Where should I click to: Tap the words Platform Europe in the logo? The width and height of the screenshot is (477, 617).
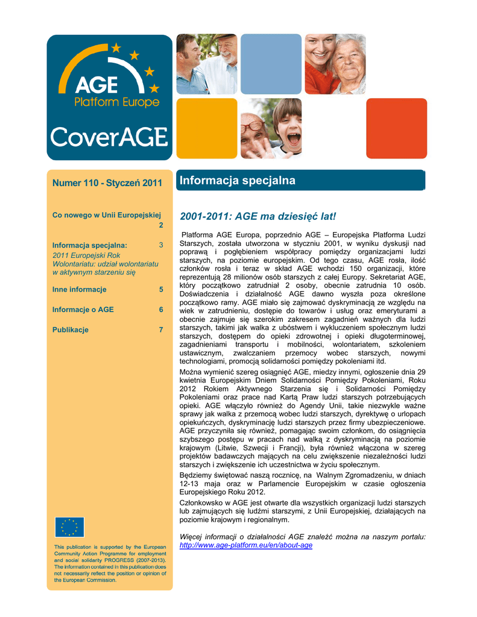pos(117,102)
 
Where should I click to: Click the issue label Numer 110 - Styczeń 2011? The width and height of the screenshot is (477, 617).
pos(107,183)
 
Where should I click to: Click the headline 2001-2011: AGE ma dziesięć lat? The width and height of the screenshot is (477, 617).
pos(257,216)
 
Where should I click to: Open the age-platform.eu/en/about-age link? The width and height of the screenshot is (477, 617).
pos(246,545)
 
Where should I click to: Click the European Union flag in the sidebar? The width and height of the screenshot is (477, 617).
pos(69,527)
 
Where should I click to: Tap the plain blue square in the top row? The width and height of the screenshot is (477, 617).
pos(271,64)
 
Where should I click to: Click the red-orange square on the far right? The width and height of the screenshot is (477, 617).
pos(396,128)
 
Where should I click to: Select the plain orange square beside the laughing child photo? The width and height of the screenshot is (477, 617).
pos(206,128)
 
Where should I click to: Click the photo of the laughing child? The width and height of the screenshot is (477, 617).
pos(271,128)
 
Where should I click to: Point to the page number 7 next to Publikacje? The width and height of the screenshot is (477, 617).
pos(161,330)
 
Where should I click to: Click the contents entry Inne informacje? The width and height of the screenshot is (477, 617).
pos(79,289)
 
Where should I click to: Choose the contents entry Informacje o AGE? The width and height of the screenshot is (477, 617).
pos(83,310)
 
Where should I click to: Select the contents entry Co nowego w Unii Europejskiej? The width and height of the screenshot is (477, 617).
pos(107,215)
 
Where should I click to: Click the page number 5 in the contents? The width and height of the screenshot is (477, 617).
pos(161,289)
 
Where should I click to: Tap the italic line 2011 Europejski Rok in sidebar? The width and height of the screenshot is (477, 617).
pos(86,255)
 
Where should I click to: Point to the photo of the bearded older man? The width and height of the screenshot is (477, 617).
pos(206,64)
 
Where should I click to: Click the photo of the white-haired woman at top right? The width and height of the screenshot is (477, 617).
pos(335,64)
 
